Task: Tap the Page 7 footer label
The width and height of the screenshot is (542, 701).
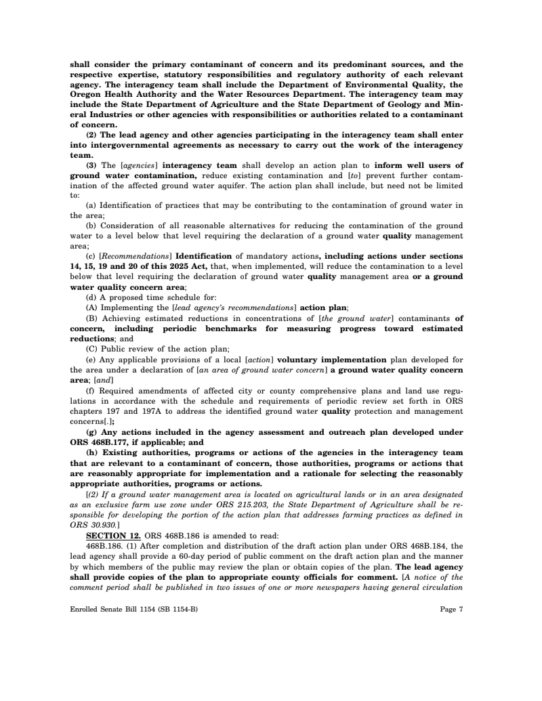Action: (451, 609)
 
